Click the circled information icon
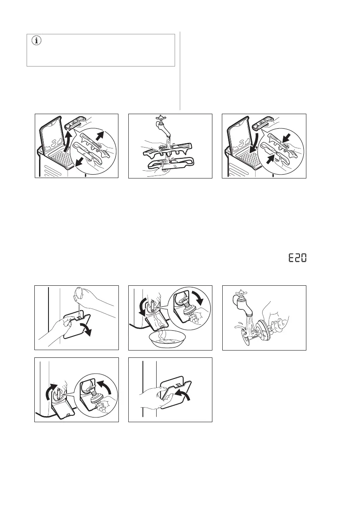pos(36,41)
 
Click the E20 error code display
pos(297,258)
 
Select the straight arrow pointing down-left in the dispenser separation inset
pos(79,162)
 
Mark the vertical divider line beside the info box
pos(180,71)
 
